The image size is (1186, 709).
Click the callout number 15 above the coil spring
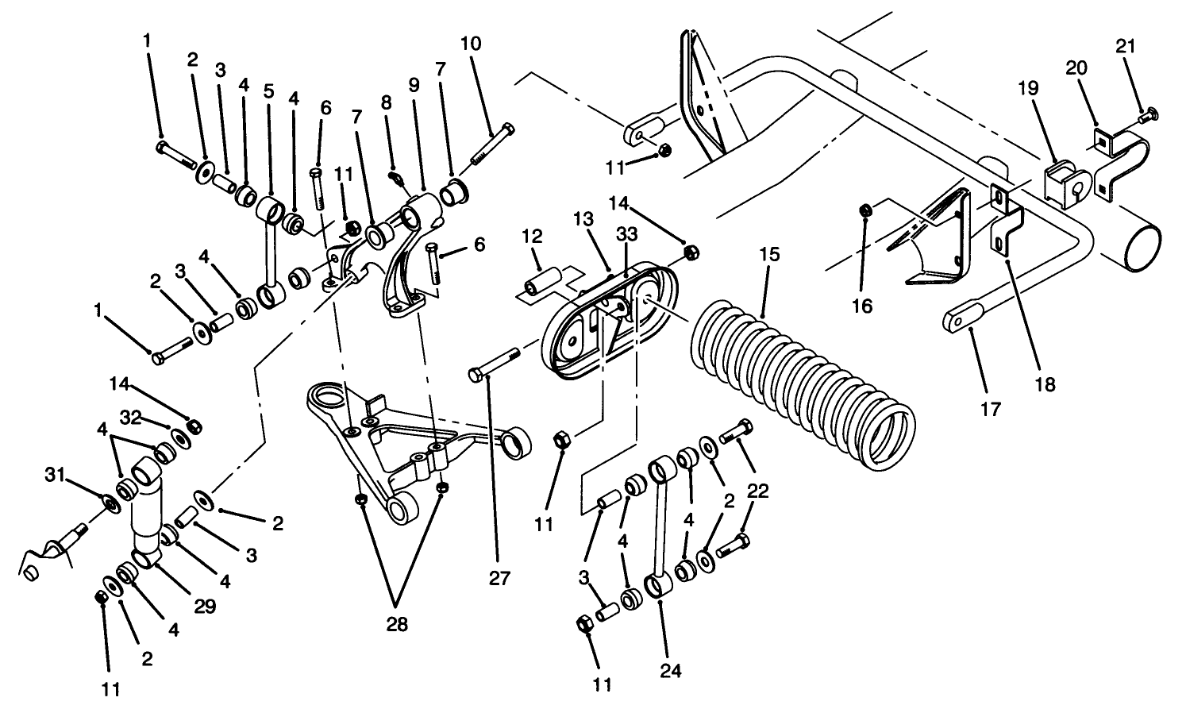(768, 255)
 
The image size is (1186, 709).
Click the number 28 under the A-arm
(397, 624)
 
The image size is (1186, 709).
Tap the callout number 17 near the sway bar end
(991, 409)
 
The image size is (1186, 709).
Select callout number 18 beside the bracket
(1045, 384)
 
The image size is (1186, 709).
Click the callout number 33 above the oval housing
(626, 236)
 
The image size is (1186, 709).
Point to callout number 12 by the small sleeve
(531, 237)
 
